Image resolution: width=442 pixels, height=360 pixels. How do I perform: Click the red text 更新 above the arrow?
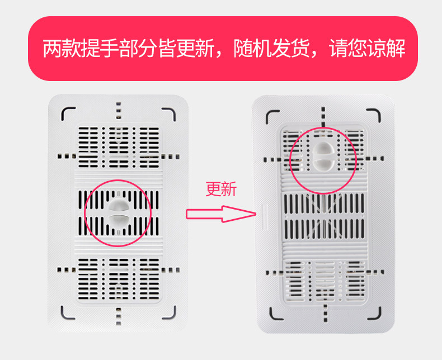click(222, 190)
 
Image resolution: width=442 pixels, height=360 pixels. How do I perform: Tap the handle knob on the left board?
click(118, 212)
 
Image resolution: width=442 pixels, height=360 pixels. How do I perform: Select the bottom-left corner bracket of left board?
click(67, 312)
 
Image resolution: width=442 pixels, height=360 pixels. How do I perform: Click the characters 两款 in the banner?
click(61, 49)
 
